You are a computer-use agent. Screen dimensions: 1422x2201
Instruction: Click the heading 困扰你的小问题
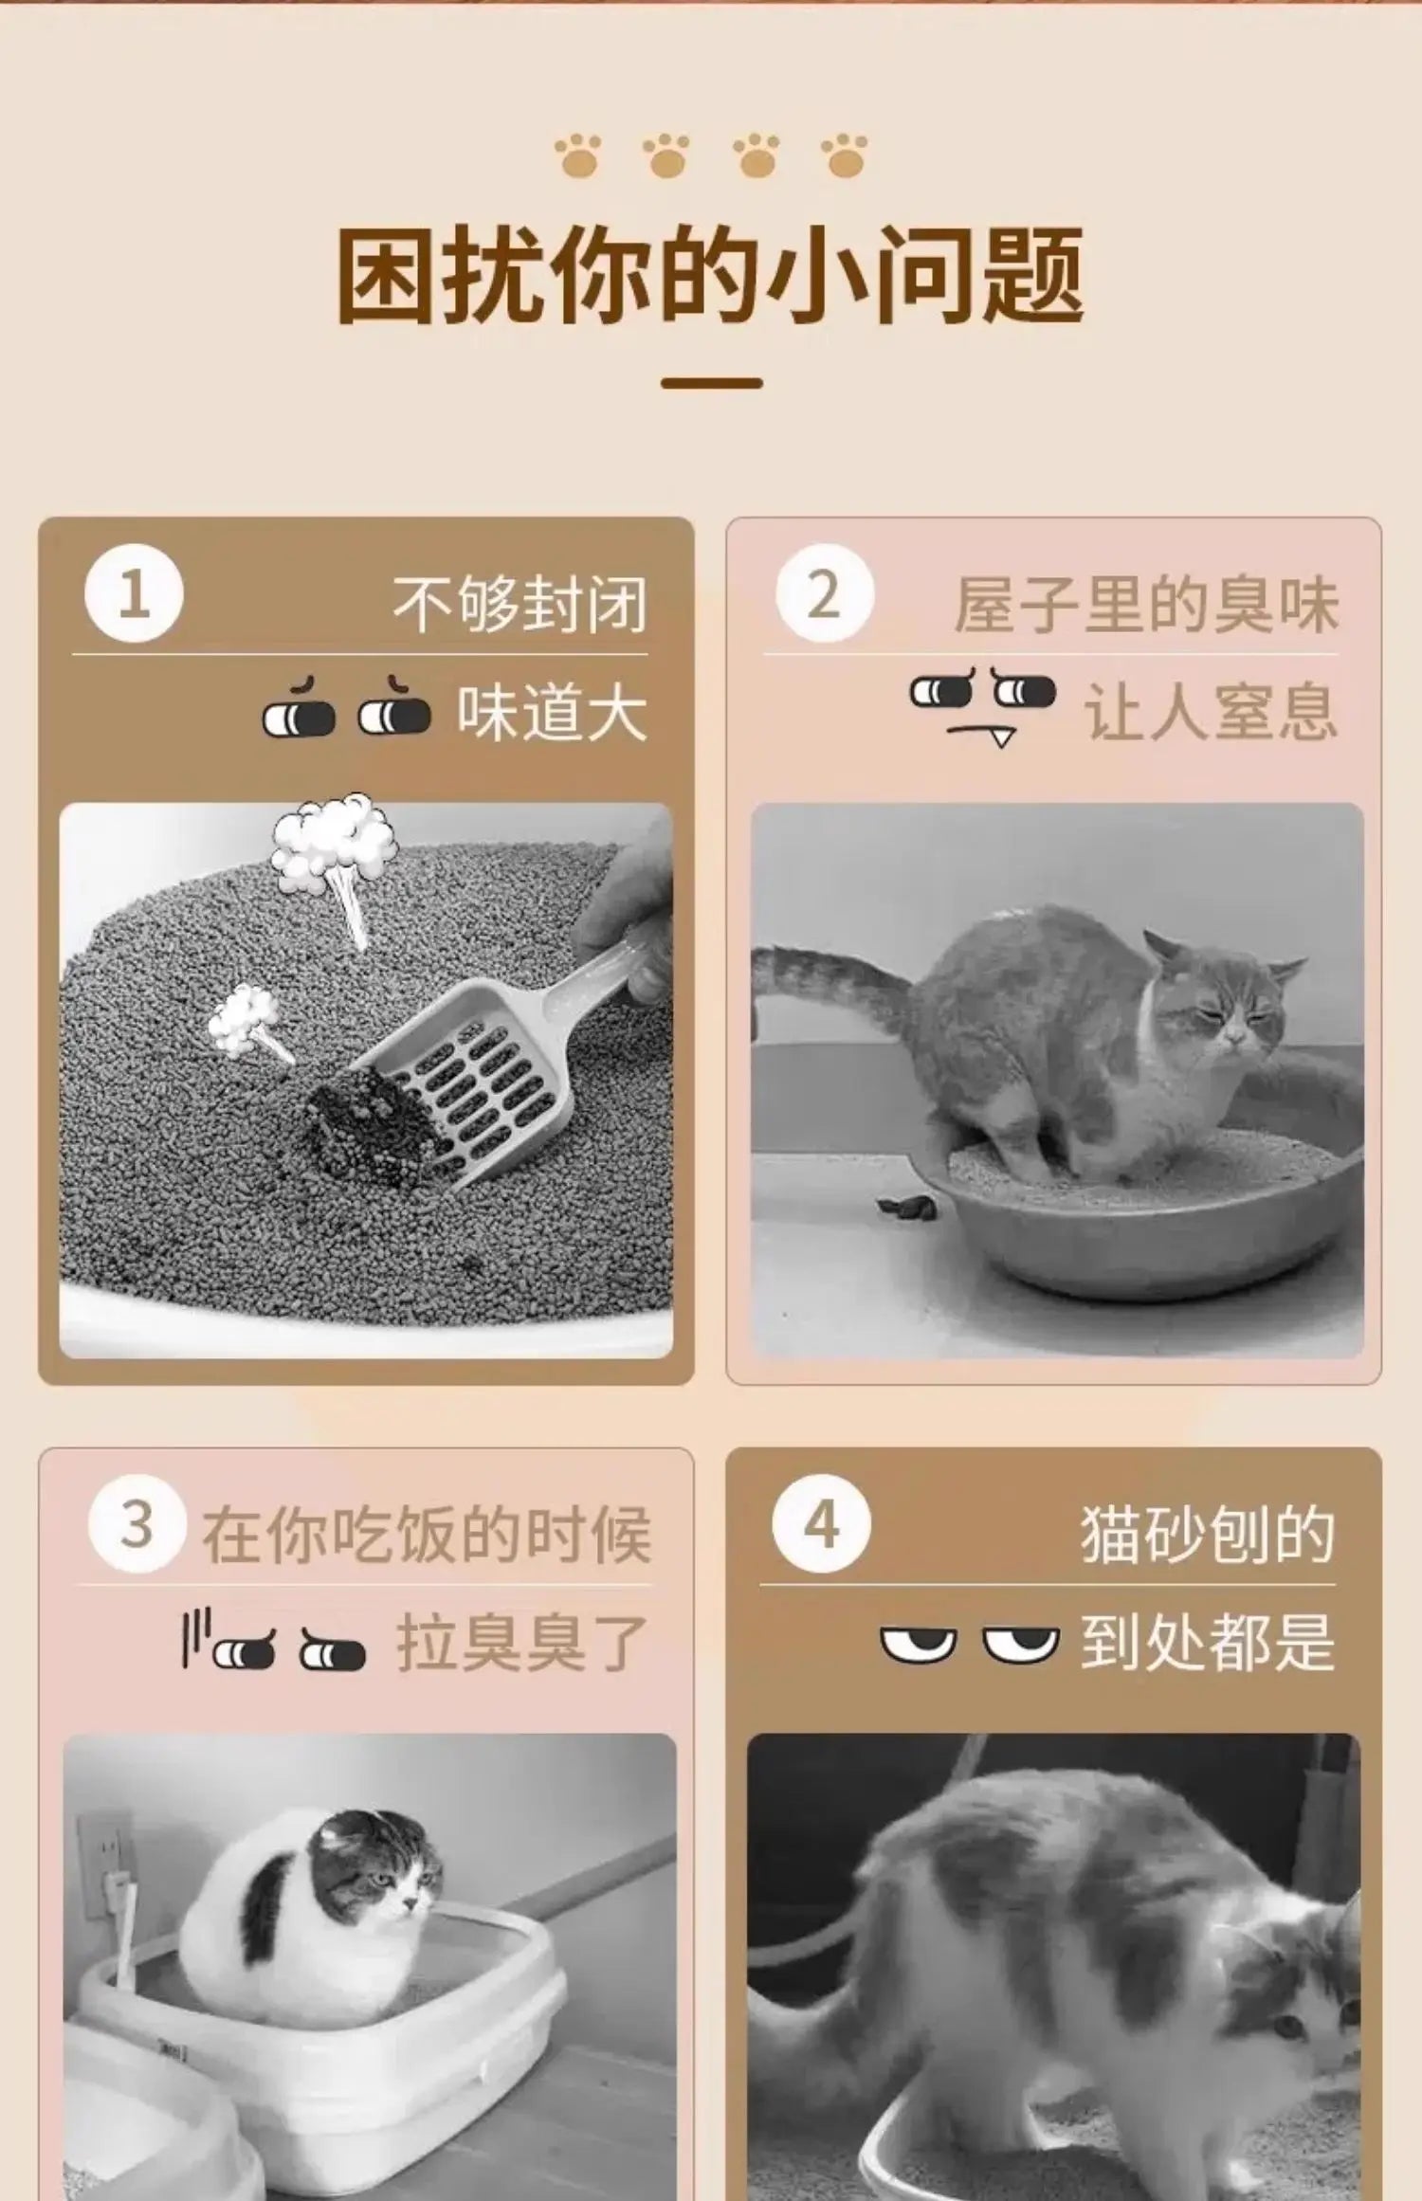710,276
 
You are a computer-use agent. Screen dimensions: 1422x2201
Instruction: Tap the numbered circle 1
134,594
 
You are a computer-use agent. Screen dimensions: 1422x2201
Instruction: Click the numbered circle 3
137,1525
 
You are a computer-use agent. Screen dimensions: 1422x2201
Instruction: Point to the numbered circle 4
821,1525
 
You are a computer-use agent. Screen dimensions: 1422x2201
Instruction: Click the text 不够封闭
520,604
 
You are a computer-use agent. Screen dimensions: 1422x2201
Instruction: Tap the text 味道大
552,713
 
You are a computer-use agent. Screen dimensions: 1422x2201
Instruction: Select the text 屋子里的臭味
1146,604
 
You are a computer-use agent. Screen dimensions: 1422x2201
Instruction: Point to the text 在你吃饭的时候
426,1535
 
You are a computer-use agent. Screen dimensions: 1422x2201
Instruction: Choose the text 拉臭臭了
522,1643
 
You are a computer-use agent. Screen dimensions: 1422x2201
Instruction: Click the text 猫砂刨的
1208,1535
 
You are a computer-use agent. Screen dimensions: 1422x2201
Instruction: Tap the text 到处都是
1208,1643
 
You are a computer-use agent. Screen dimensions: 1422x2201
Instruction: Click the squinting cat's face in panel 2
1223,1001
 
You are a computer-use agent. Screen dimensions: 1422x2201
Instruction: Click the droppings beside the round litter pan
905,1207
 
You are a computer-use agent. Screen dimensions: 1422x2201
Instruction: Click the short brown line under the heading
712,383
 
